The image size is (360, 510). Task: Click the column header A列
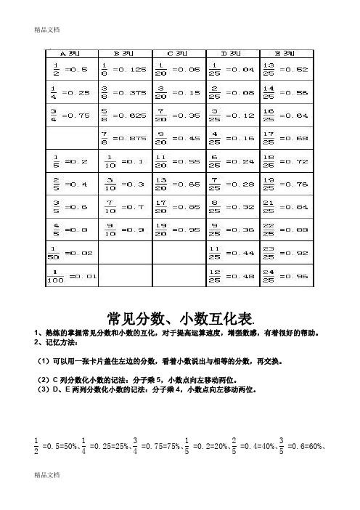[x=73, y=53]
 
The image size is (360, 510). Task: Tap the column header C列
[x=178, y=53]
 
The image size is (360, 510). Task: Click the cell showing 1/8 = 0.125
[x=126, y=70]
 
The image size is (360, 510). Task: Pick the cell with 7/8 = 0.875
[x=126, y=137]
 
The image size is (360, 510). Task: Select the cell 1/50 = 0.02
[x=73, y=251]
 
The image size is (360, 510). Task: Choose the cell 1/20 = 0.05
[x=178, y=70]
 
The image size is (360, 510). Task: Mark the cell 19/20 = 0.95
[x=178, y=229]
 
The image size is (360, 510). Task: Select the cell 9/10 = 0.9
[x=126, y=229]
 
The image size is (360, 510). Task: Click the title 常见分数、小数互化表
[x=180, y=317]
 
